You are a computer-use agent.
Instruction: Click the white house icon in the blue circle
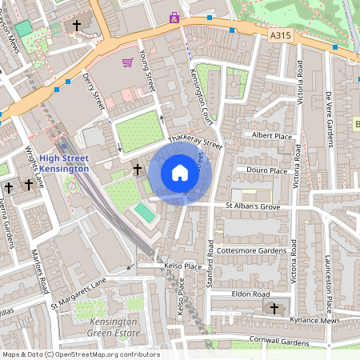(x=180, y=172)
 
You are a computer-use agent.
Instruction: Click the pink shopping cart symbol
(x=127, y=62)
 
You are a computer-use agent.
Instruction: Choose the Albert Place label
(x=272, y=136)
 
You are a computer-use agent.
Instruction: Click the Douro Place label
(x=267, y=170)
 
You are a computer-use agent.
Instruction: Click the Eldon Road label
(x=250, y=294)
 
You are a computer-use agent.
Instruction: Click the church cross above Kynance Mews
(x=274, y=308)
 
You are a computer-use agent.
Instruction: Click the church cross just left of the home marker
(x=137, y=170)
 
